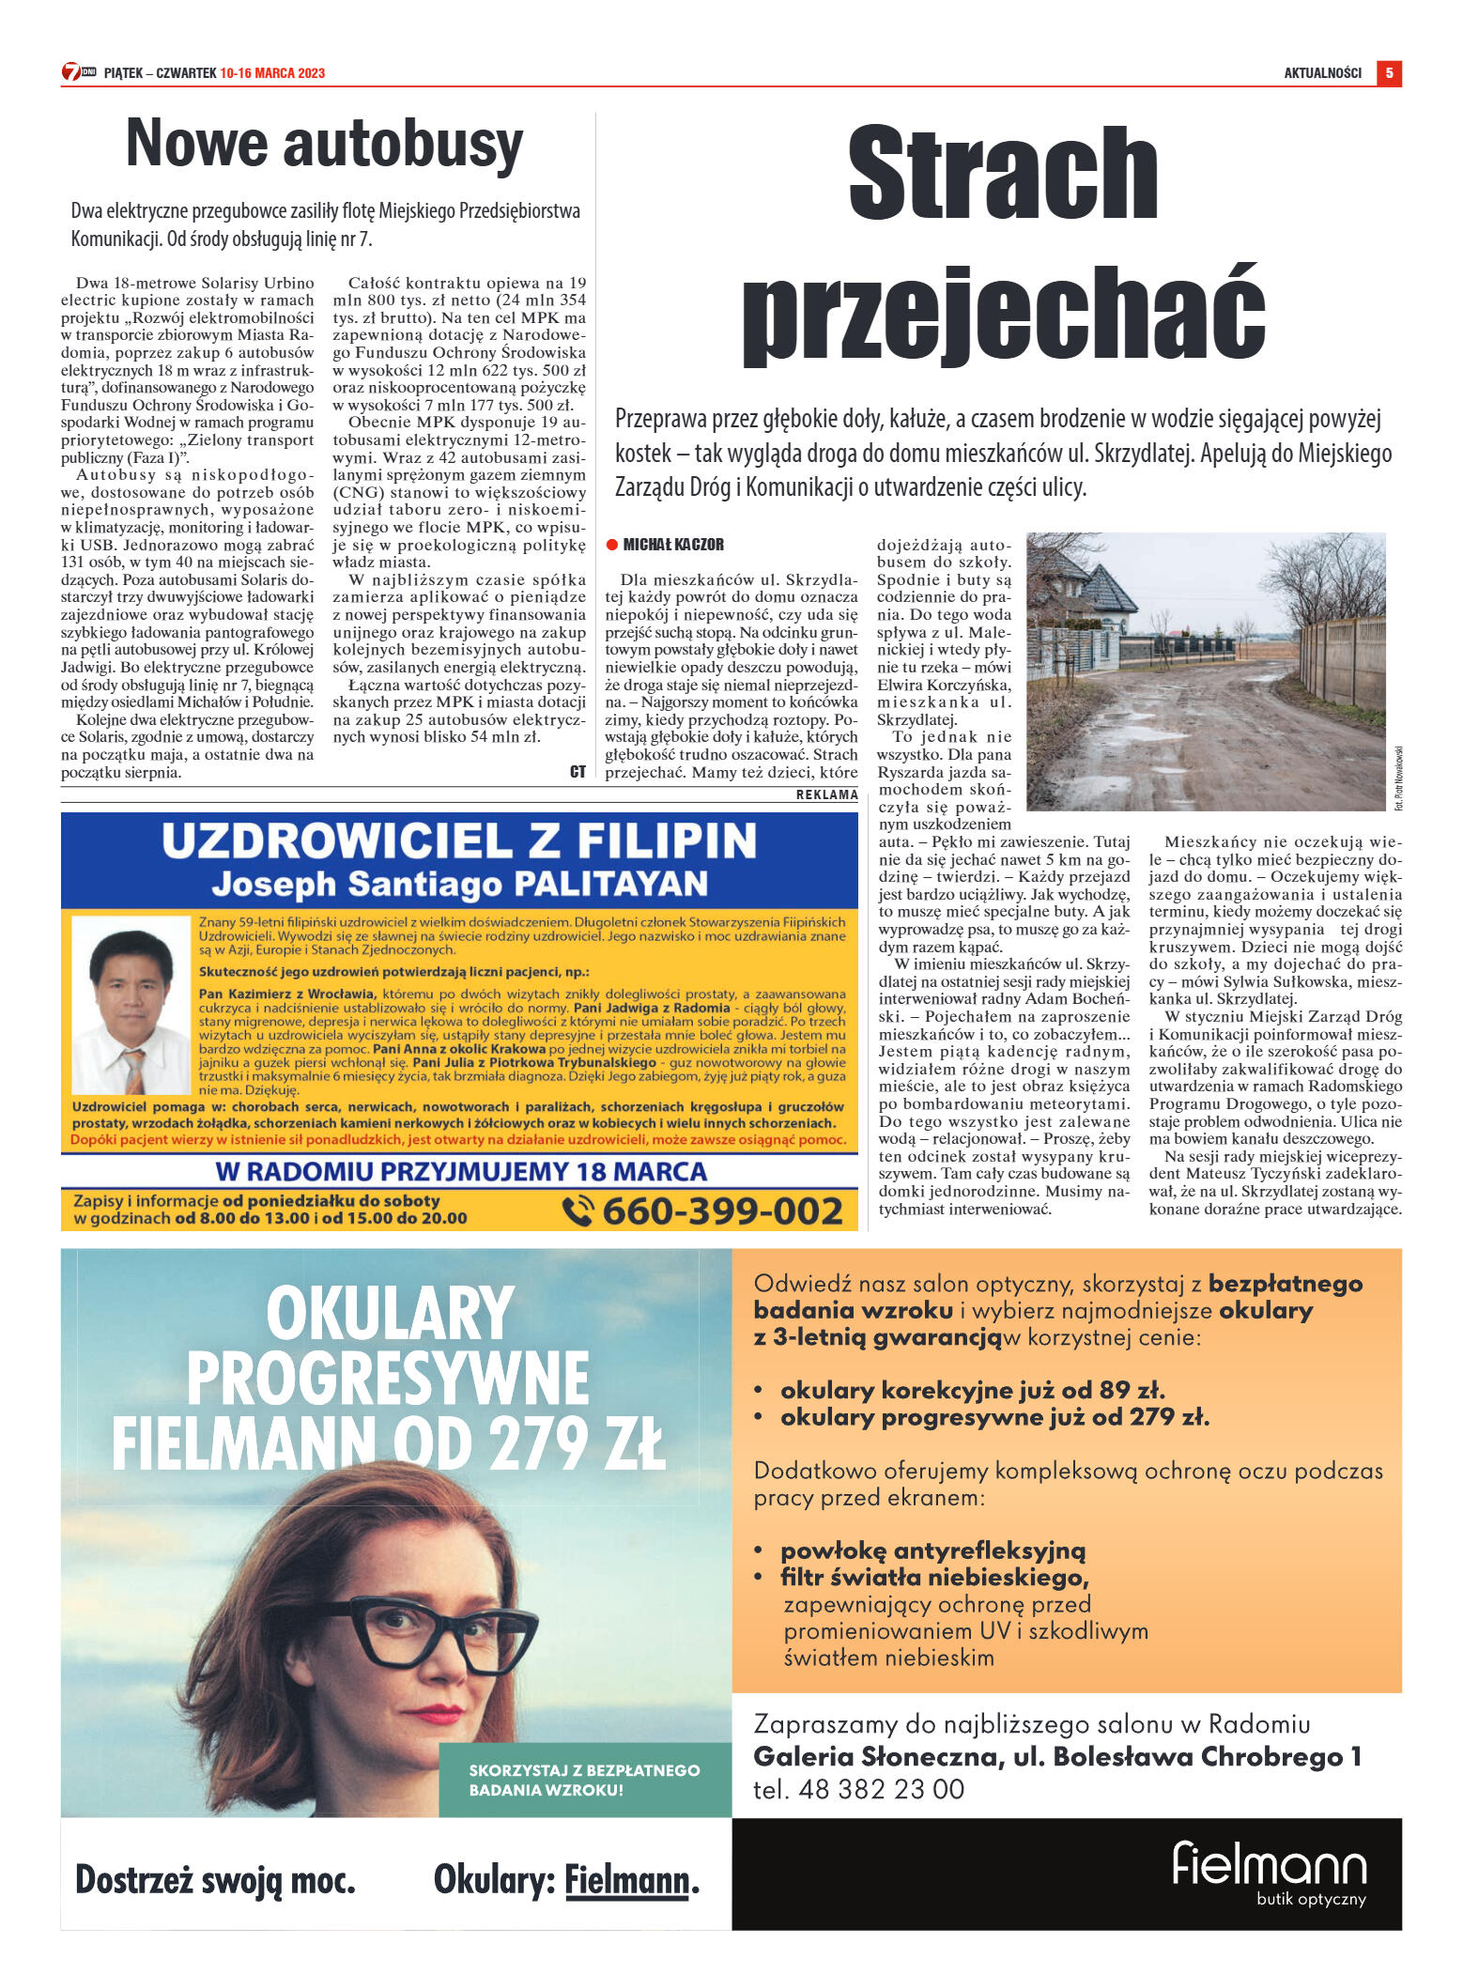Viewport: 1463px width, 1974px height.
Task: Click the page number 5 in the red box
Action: [1388, 73]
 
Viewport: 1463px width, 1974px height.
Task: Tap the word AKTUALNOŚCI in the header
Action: [1322, 73]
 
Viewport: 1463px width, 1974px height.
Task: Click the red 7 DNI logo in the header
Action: [79, 72]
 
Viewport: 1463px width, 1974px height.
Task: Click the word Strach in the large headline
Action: [1002, 175]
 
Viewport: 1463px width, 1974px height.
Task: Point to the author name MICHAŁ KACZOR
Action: [673, 545]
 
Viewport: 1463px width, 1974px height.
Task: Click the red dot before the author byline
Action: [611, 545]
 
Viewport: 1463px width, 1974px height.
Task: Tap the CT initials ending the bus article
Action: [577, 772]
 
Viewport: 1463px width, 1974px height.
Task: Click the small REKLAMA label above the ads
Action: [826, 794]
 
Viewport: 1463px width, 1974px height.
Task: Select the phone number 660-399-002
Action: [722, 1211]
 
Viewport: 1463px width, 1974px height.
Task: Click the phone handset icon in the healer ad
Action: [577, 1211]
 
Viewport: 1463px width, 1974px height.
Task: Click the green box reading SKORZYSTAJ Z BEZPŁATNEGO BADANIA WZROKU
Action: [584, 1780]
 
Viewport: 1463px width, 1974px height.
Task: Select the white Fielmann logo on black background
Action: [1269, 1866]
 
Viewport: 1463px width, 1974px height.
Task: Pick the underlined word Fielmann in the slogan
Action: [626, 1881]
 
